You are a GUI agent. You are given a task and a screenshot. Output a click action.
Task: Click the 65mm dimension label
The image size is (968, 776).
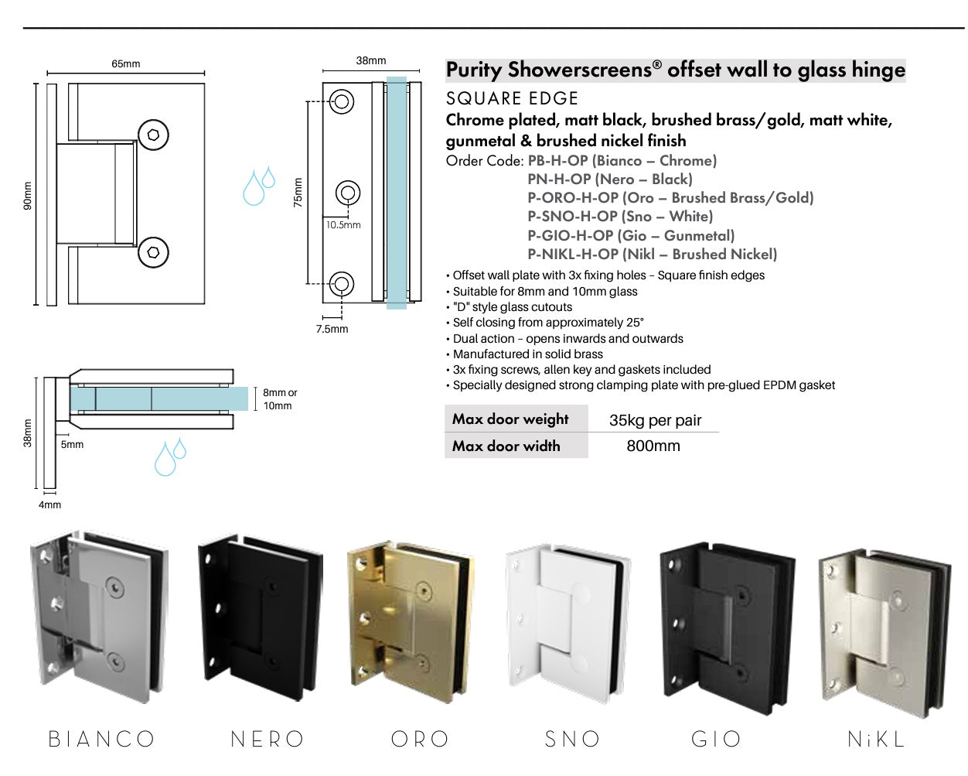coord(126,63)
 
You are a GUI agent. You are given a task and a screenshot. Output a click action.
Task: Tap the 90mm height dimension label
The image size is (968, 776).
coord(27,196)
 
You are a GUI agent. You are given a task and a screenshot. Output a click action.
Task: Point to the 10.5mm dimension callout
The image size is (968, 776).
coord(343,225)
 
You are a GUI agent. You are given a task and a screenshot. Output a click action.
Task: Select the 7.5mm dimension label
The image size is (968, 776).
coord(332,329)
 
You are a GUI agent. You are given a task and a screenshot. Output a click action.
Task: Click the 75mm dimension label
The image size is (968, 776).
coord(298,193)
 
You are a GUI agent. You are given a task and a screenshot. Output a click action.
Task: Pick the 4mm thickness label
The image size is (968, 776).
coord(49,504)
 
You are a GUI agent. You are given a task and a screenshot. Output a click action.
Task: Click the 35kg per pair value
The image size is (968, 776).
coord(655,420)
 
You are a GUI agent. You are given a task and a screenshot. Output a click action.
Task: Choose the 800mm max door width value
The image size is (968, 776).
coord(653,446)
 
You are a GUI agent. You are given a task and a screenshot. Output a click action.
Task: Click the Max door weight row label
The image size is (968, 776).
coord(510,419)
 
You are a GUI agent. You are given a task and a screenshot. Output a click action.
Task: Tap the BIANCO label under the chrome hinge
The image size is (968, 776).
coord(101,739)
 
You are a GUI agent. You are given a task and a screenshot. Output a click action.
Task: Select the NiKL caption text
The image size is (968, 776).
coord(876,739)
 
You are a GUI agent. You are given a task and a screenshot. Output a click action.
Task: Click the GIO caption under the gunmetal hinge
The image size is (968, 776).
coord(716,739)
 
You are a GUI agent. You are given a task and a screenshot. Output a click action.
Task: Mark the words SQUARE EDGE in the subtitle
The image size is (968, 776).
coord(512,98)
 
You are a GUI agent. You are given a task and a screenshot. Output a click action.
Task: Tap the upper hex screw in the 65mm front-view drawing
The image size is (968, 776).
coord(154,135)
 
